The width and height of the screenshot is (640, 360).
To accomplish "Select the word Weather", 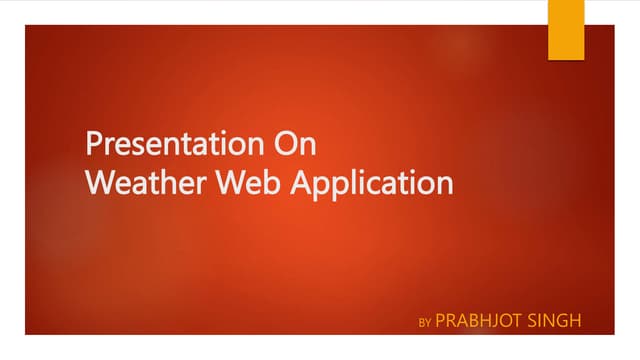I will click(x=140, y=184).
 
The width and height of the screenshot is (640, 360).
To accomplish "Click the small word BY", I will click(x=424, y=323).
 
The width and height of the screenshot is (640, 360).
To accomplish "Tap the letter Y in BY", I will click(x=427, y=323).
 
